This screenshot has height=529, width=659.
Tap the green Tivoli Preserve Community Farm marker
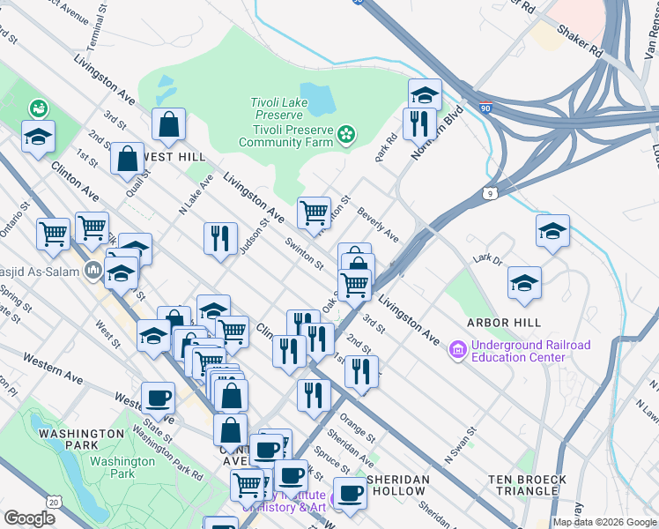[347, 135]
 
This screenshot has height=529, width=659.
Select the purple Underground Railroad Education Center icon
[457, 350]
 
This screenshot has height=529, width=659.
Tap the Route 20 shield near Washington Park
[54, 502]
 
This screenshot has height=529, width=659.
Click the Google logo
[29, 518]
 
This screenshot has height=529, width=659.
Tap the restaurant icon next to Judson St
[219, 238]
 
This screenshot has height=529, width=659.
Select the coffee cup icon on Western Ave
[158, 397]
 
